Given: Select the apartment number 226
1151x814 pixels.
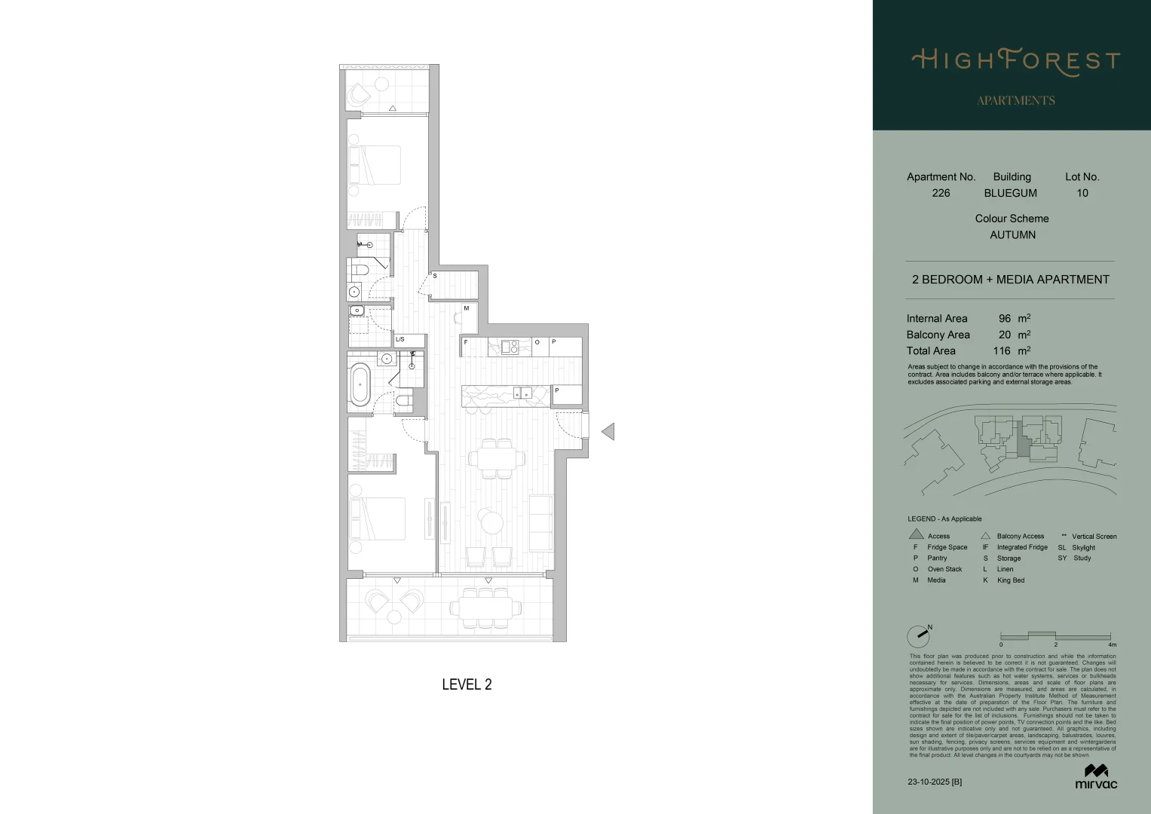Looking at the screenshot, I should (x=941, y=193).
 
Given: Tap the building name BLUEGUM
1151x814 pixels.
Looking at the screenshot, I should (x=1010, y=193).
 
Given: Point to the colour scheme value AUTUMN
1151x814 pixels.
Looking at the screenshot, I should (x=1012, y=235).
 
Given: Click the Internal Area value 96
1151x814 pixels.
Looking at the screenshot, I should (x=1004, y=319).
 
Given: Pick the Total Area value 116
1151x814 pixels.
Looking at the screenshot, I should (x=1001, y=351).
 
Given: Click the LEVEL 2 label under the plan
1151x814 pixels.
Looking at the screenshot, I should (x=467, y=684).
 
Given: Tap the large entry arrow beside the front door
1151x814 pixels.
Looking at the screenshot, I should (x=608, y=432).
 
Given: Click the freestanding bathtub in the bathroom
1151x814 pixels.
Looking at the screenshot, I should (x=360, y=384).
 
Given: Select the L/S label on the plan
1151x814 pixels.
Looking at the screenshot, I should (x=400, y=340).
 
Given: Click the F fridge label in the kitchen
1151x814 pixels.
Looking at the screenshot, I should (x=466, y=342).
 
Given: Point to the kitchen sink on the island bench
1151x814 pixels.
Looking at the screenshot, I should (x=522, y=393).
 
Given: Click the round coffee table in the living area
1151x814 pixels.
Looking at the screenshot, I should (x=492, y=522).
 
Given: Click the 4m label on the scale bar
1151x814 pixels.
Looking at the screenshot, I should (x=1112, y=645).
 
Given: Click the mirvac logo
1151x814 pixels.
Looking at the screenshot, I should (x=1096, y=777).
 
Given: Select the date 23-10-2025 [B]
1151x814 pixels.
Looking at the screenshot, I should (x=935, y=782).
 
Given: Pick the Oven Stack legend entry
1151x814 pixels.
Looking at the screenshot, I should (x=944, y=569).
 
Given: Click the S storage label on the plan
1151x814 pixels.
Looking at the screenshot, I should (x=435, y=277).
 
